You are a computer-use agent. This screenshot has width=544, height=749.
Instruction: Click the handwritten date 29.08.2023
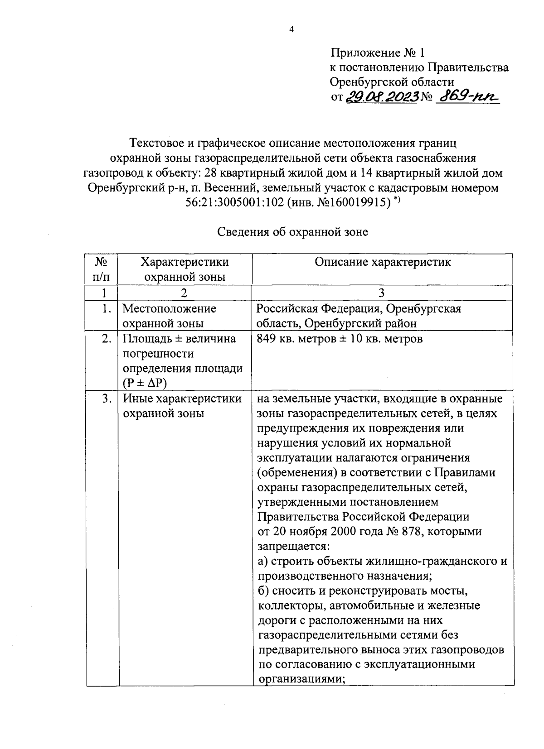click(x=381, y=96)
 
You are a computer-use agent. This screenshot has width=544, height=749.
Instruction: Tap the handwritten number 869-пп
click(x=466, y=96)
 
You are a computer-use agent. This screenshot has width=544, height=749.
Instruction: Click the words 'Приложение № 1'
click(x=377, y=53)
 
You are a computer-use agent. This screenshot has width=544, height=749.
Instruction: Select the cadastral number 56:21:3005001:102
click(x=235, y=202)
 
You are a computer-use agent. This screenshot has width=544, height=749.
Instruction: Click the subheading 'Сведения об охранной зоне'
click(x=293, y=232)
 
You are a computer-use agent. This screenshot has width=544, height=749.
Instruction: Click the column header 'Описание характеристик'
click(x=383, y=262)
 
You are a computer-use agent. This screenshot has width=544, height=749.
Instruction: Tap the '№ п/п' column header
click(x=102, y=269)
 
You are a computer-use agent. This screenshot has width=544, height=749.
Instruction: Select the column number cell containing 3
click(x=382, y=293)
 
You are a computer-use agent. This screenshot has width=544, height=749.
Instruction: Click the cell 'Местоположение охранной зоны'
click(x=170, y=316)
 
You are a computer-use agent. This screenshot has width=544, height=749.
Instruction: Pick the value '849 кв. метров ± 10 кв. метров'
click(x=340, y=339)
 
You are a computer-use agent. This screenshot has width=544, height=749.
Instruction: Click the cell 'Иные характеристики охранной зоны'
click(x=182, y=406)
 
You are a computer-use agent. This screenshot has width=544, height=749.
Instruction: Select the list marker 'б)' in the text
click(x=263, y=591)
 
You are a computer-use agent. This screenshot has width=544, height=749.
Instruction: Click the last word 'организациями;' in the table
click(x=299, y=680)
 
